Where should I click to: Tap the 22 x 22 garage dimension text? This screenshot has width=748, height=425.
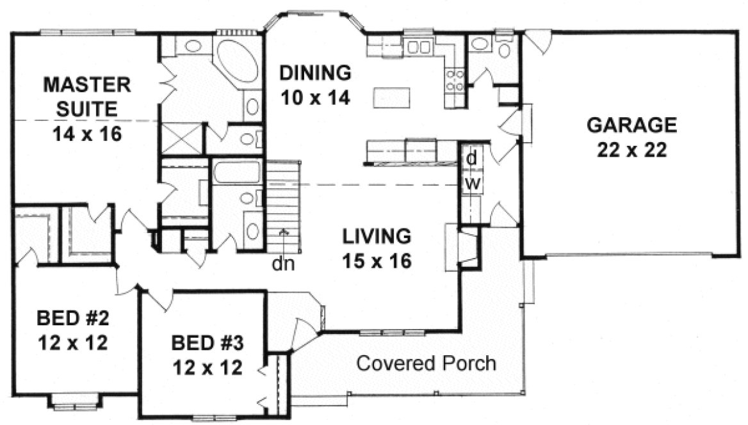(x=632, y=149)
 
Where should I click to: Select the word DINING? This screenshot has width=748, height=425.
(x=316, y=72)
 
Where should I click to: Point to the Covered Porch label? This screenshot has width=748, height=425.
(x=426, y=364)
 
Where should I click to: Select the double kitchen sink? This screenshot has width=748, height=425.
(x=420, y=46)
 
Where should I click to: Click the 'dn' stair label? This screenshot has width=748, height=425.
(x=284, y=262)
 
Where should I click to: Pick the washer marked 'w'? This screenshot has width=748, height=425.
(x=471, y=183)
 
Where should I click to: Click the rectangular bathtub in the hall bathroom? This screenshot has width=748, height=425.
(x=236, y=173)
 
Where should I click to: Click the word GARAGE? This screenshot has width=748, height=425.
(x=631, y=124)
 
